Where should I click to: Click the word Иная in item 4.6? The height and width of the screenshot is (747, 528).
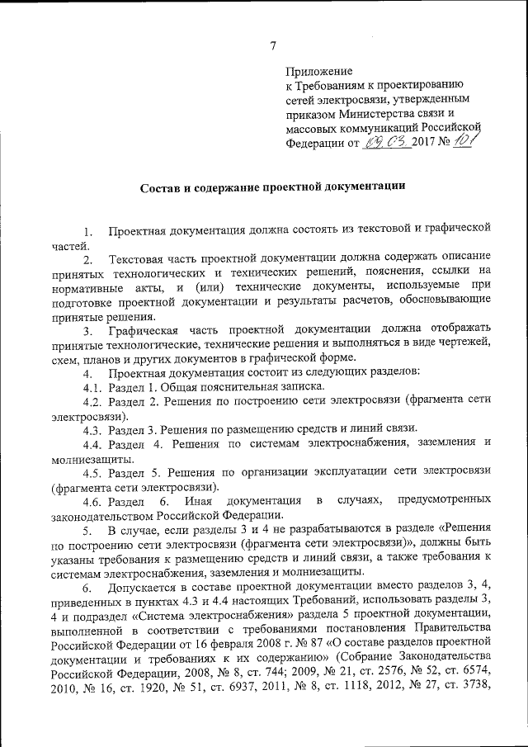200,501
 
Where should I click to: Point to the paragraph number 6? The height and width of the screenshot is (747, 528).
87,587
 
